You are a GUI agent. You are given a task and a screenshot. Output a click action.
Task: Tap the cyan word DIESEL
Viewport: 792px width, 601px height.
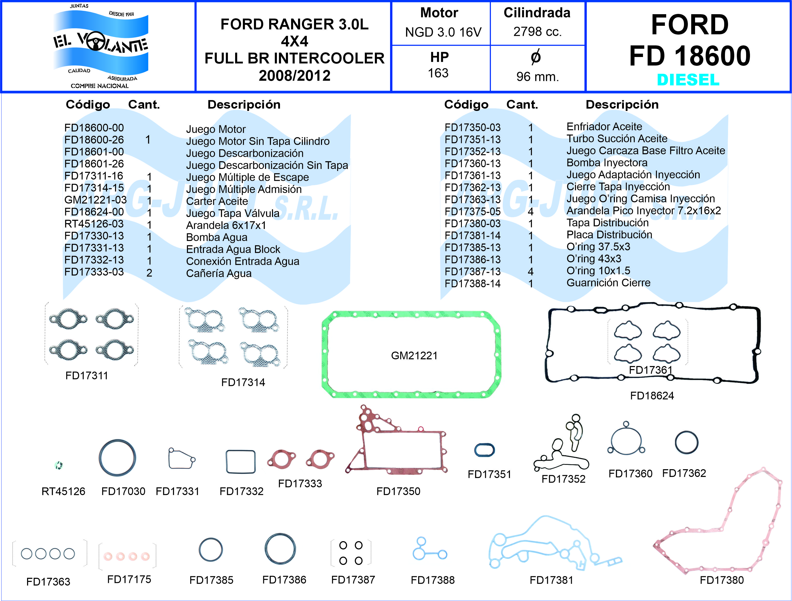tap(688, 79)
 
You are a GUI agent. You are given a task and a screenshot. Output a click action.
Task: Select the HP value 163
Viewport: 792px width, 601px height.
tap(438, 73)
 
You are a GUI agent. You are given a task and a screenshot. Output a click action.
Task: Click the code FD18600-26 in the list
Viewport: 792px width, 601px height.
tap(94, 140)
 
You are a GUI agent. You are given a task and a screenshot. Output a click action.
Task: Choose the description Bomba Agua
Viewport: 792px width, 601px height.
tap(217, 237)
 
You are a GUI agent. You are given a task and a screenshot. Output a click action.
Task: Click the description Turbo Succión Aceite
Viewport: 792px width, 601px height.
tap(617, 139)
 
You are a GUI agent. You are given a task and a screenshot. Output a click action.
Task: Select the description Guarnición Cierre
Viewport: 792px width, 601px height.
tap(608, 283)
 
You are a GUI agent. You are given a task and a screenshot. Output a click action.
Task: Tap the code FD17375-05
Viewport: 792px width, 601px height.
tap(473, 212)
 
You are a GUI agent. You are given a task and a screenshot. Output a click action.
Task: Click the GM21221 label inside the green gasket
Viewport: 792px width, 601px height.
tap(414, 356)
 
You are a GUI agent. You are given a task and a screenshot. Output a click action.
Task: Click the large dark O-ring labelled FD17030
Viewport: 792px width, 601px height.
tap(118, 458)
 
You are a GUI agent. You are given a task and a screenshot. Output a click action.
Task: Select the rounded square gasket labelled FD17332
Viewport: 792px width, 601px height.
tap(241, 462)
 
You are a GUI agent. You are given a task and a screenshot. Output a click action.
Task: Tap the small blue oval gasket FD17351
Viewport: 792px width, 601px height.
tap(484, 450)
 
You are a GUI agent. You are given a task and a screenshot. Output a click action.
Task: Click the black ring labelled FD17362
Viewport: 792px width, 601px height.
tap(686, 442)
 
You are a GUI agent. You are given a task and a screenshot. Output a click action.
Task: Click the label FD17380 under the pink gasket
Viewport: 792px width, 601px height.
tap(722, 580)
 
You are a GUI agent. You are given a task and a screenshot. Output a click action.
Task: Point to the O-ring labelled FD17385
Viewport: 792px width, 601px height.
tap(211, 549)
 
